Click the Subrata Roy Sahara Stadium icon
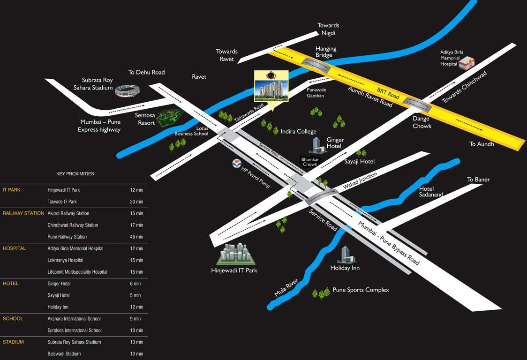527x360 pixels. point(127,90)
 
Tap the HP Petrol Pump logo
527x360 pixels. point(237,164)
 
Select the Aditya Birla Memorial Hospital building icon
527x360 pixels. point(466,62)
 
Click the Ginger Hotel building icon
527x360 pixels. point(317,145)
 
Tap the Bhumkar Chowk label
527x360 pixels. point(310,162)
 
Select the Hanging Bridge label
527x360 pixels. point(325,52)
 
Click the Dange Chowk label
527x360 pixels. point(421,122)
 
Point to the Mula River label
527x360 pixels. point(286,287)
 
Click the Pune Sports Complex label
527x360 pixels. point(361,290)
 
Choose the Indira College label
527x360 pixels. point(298,132)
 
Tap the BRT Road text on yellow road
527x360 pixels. point(388,93)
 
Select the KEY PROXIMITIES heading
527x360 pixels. point(75,174)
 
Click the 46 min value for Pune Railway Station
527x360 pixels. point(136,237)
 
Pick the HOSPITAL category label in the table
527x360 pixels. point(14,248)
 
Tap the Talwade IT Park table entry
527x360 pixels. point(62,202)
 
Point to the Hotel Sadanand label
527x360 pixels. point(431,192)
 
